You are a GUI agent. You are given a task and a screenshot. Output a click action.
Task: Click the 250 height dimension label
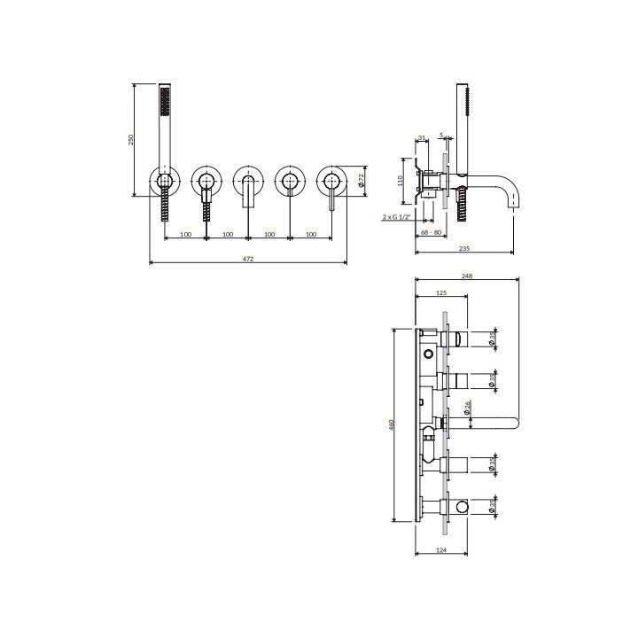click(x=132, y=139)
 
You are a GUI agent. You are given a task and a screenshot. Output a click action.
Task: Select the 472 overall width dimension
click(x=248, y=259)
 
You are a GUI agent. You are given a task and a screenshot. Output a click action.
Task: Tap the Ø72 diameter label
click(x=362, y=179)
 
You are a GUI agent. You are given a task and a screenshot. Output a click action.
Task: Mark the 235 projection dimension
click(x=466, y=250)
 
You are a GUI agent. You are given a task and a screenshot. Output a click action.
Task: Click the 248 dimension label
click(x=467, y=276)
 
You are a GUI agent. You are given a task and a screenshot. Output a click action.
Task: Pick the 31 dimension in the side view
click(x=422, y=137)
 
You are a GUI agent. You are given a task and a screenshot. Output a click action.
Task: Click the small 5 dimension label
click(x=440, y=136)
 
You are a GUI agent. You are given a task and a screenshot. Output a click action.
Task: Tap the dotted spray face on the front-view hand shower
click(x=163, y=105)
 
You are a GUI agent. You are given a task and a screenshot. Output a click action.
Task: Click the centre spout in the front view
click(x=247, y=190)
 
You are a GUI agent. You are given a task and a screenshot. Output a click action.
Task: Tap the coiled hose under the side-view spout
click(x=460, y=210)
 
